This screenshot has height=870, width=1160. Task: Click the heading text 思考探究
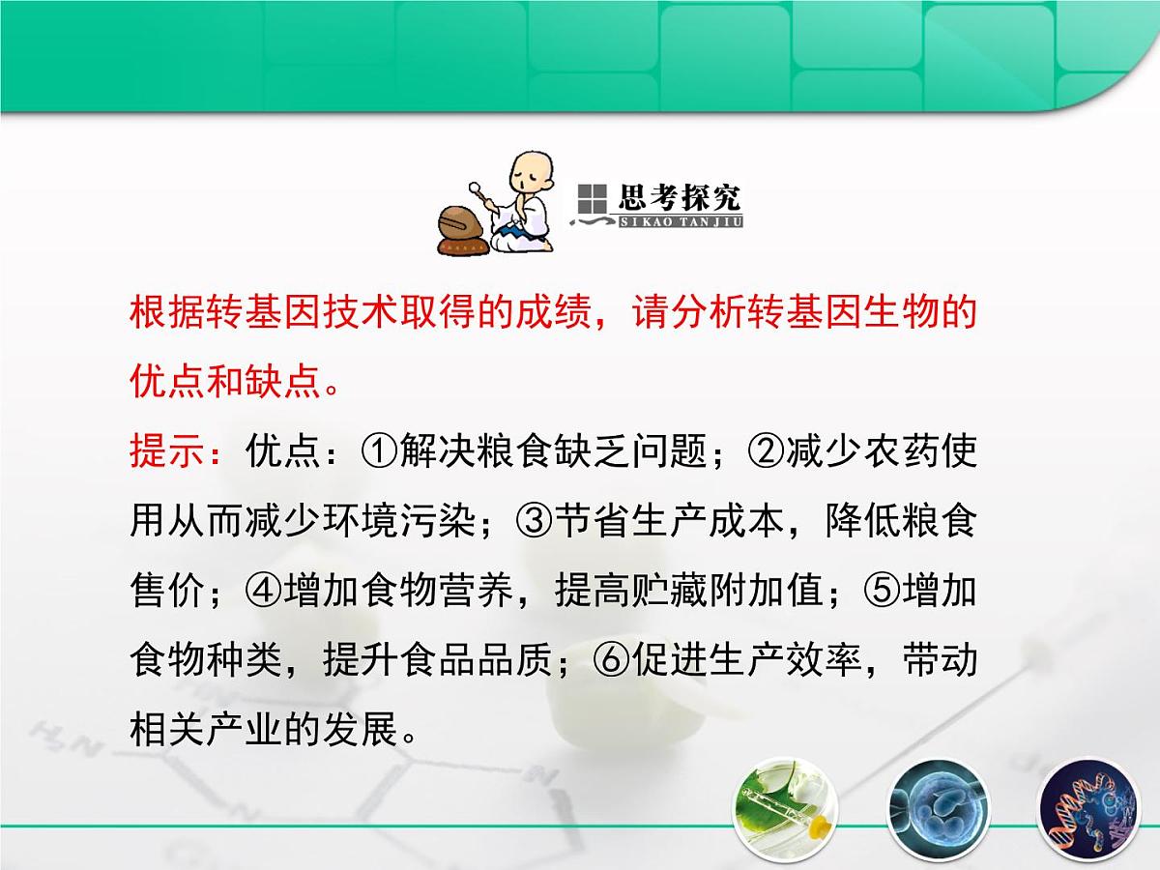(679, 198)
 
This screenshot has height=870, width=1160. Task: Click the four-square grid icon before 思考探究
(591, 198)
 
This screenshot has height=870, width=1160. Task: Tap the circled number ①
(380, 450)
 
